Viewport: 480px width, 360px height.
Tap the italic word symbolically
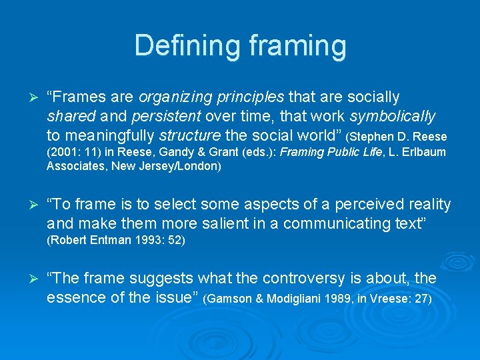tap(393, 117)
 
